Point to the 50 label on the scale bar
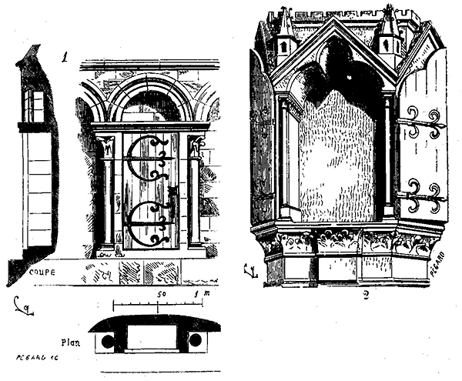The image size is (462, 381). tap(162, 294)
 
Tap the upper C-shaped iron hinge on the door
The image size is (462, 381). tap(146, 159)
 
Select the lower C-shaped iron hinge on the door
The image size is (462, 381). tap(146, 223)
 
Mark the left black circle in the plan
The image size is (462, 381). tap(108, 339)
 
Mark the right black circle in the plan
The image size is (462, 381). tap(196, 339)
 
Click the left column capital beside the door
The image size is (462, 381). tap(106, 145)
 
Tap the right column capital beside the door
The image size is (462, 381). tap(196, 145)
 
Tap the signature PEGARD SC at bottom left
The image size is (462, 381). tap(34, 358)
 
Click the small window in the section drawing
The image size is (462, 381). tap(33, 105)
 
